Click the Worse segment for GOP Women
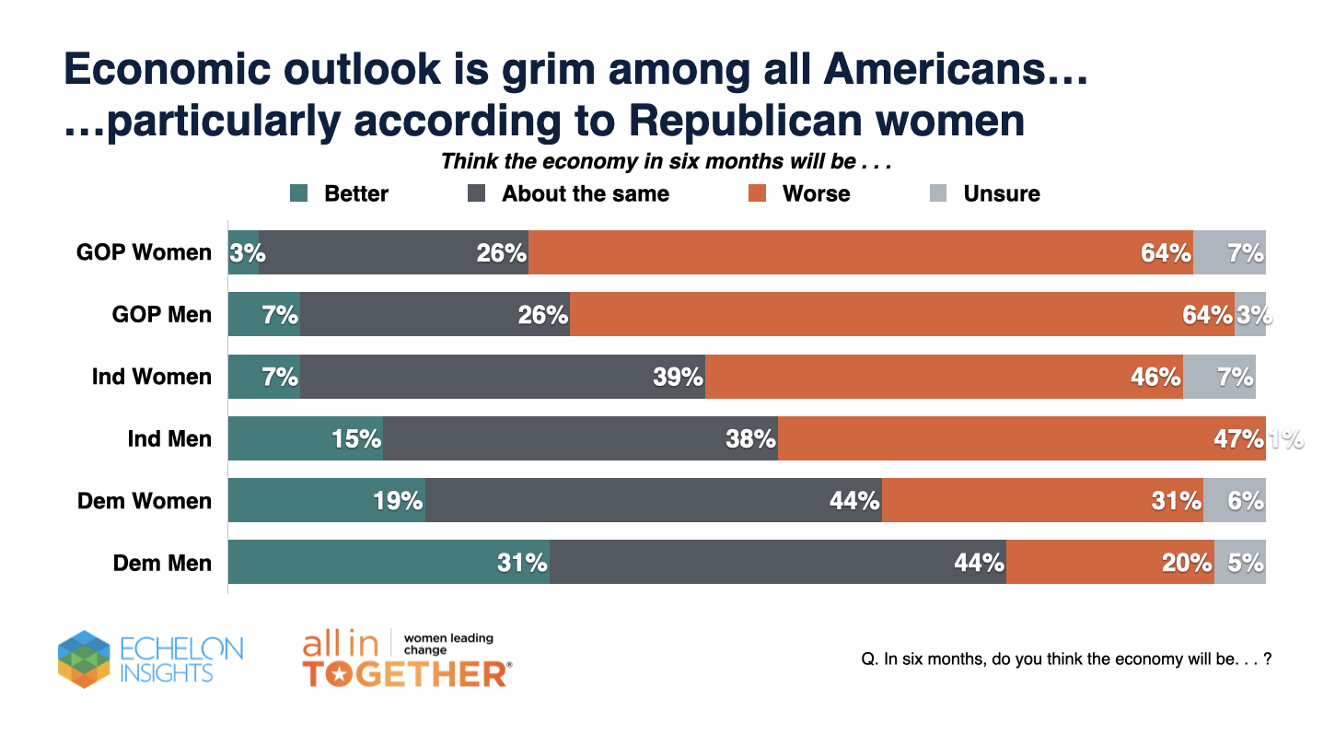tap(860, 252)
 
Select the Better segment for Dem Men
tap(389, 562)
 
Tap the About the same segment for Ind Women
tap(502, 377)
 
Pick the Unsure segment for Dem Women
tap(1234, 500)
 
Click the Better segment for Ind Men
tap(305, 438)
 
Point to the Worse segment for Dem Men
tap(1109, 562)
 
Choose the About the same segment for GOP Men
tap(435, 314)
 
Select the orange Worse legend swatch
tap(757, 194)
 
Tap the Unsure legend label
tap(1002, 194)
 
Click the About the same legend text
tap(586, 194)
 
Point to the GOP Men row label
tap(162, 315)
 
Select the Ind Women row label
tap(152, 377)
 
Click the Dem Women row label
tap(145, 501)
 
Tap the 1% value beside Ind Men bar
tap(1286, 439)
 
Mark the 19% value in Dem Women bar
tap(399, 501)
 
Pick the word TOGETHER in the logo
tap(406, 674)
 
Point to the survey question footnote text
tap(1065, 660)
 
